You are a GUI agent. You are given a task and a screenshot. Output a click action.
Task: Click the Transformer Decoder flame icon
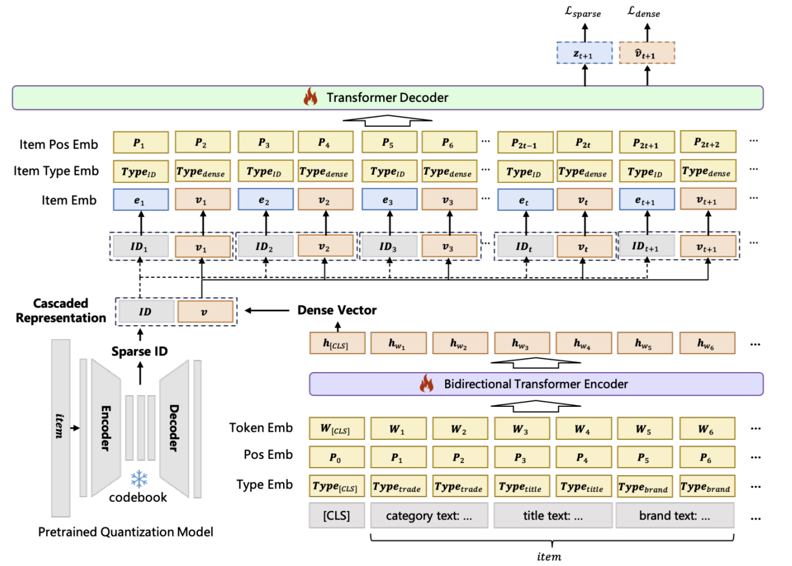coord(311,97)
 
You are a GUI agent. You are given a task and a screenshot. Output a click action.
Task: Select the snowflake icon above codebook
coord(138,479)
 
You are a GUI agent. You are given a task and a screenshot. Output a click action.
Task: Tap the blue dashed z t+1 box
coord(584,53)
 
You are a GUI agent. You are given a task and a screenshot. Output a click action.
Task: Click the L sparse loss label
coord(583,12)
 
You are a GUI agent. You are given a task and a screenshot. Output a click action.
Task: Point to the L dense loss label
coord(644,12)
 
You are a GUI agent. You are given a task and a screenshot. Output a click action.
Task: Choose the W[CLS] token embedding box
coord(337,429)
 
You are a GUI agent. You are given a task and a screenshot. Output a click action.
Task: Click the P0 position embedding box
coord(337,457)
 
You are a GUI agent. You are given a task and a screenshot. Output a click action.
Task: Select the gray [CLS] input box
coord(337,516)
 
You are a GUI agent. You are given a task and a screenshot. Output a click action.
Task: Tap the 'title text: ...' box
coord(552,516)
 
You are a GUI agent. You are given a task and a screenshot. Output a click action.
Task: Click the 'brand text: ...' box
coord(674,516)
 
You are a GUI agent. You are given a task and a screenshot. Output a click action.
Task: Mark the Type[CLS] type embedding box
coord(337,486)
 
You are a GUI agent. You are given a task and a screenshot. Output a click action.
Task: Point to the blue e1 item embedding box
coord(141,200)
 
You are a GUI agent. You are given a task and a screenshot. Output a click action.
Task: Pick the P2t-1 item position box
coord(525,143)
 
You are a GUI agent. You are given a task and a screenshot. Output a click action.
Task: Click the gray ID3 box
coord(388,246)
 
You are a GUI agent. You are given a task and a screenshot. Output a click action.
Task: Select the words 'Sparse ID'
coord(140,351)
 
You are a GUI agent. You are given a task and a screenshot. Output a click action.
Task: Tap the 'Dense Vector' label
coord(337,310)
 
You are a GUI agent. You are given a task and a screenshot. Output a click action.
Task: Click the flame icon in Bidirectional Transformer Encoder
coord(427,383)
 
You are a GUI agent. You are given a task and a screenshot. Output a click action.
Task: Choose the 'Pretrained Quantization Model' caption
coord(126,532)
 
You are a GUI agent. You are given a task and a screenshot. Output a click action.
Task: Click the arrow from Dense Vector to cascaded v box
coord(266,311)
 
